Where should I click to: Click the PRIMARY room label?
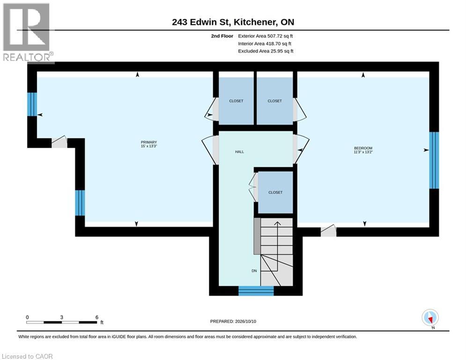coord(149,142)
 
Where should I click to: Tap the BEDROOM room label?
coord(363,148)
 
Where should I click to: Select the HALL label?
coord(239,152)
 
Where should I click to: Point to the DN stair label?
coord(254,271)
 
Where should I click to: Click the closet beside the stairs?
coord(275,192)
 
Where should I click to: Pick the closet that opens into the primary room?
coord(236,101)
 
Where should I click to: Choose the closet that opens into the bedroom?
coord(274,101)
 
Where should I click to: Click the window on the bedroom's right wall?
coord(434,160)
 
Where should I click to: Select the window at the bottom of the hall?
coord(256,291)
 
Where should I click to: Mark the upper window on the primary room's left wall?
coord(32,104)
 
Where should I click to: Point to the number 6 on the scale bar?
coord(96,317)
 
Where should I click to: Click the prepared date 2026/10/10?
coord(245,321)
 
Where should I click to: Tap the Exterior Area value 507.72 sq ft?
coord(280,36)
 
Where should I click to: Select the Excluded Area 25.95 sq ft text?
coord(266,51)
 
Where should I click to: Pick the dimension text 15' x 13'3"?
coord(149,146)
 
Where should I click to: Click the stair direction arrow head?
coord(277,224)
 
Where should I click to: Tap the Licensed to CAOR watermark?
coord(27,356)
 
